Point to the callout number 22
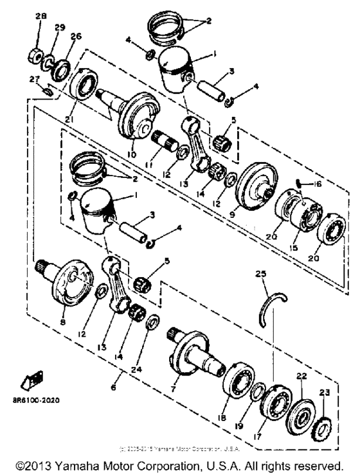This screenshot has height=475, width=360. [301, 376]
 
